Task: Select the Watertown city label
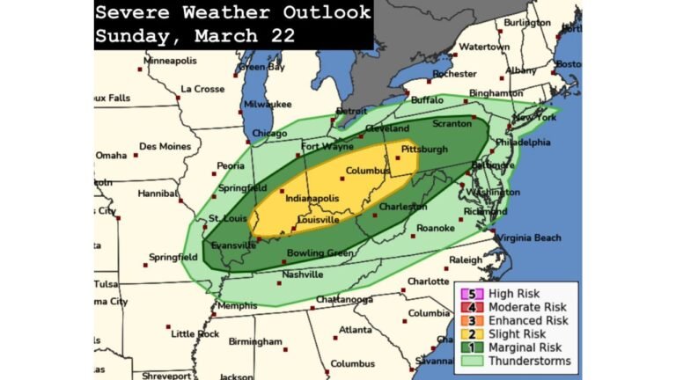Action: [x=484, y=46]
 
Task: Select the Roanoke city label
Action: [x=436, y=228]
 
